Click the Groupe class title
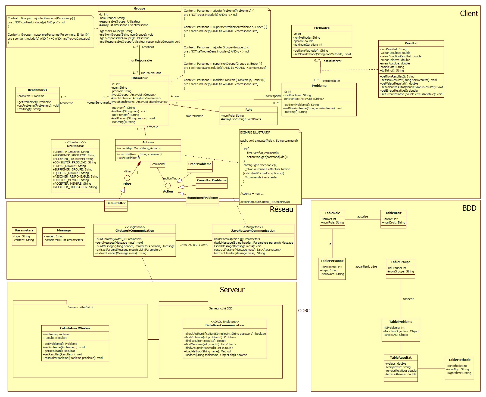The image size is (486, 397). pyautogui.click(x=139, y=9)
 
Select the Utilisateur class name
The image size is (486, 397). pyautogui.click(x=139, y=78)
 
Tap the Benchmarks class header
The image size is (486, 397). pyautogui.click(x=38, y=90)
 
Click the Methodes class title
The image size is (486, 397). pyautogui.click(x=322, y=28)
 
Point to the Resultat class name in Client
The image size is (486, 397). pyautogui.click(x=411, y=44)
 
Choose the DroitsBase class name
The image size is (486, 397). pyautogui.click(x=75, y=146)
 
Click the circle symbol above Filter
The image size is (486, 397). pyautogui.click(x=127, y=178)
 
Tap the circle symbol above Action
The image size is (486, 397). pyautogui.click(x=168, y=186)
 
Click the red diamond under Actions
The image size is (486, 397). pyautogui.click(x=139, y=164)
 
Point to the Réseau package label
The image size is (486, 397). pyautogui.click(x=281, y=209)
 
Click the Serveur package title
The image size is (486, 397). pyautogui.click(x=232, y=290)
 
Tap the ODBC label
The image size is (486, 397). pyautogui.click(x=304, y=311)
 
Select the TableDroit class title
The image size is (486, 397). pyautogui.click(x=393, y=213)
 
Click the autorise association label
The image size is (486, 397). pyautogui.click(x=362, y=217)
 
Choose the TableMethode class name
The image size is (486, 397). pyautogui.click(x=459, y=360)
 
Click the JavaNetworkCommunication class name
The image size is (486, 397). pyautogui.click(x=253, y=231)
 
